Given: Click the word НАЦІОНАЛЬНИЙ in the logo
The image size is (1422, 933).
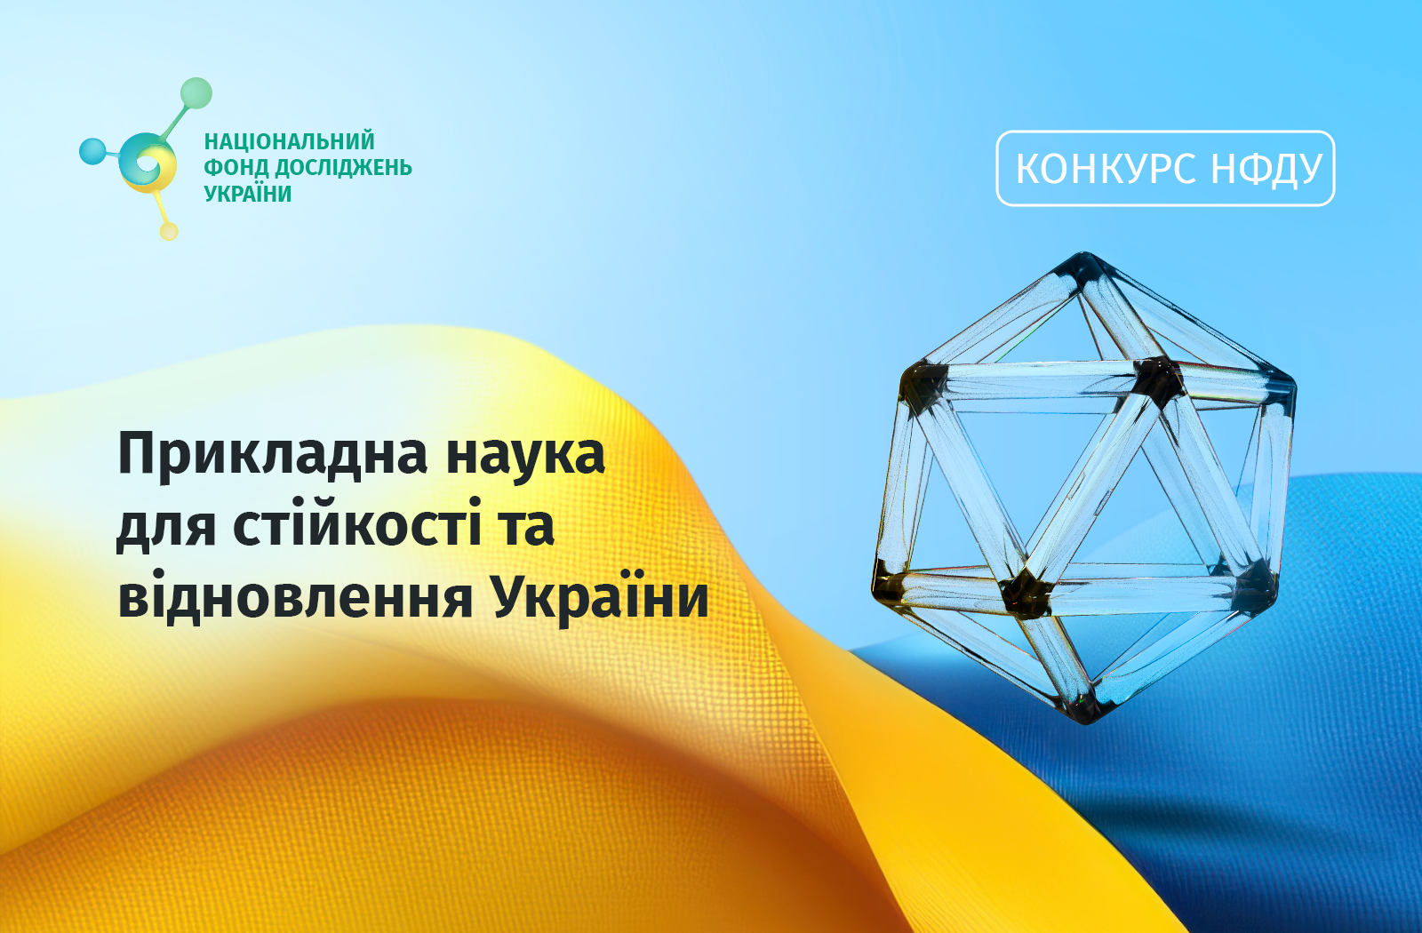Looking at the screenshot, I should pos(289,141).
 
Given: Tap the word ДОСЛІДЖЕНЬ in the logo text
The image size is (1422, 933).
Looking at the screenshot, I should pos(343,168).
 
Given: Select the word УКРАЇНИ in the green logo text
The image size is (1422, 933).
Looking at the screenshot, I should pos(248,194).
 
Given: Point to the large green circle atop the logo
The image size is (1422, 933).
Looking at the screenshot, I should pos(196,92).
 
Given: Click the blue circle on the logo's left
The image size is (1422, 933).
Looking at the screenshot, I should pos(92,151).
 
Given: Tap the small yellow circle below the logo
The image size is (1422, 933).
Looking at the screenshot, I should pos(169,231).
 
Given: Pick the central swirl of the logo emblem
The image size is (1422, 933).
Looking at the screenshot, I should pos(148,162).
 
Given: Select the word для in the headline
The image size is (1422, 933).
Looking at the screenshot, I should pos(166,527).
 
